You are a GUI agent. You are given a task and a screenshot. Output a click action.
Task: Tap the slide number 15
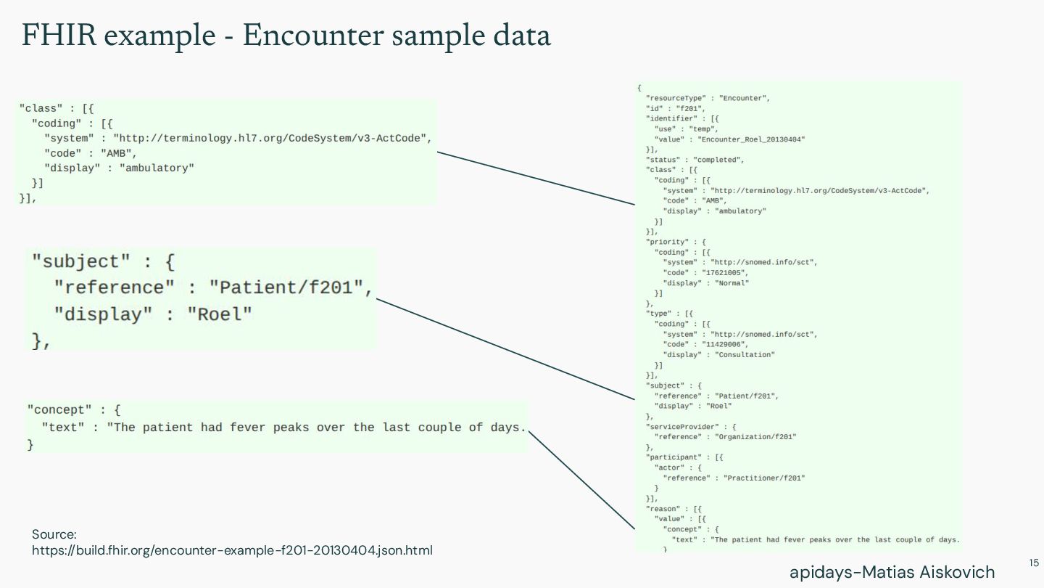pyautogui.click(x=1034, y=563)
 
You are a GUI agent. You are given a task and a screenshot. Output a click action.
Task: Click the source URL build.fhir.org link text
pyautogui.click(x=232, y=550)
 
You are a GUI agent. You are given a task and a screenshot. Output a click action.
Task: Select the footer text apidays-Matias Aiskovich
pyautogui.click(x=892, y=572)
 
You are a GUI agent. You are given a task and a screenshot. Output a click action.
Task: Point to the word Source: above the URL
pyautogui.click(x=54, y=534)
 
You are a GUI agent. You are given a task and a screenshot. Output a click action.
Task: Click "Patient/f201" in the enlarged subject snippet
pyautogui.click(x=286, y=287)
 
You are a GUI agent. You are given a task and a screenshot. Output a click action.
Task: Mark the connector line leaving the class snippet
pyautogui.click(x=536, y=179)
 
